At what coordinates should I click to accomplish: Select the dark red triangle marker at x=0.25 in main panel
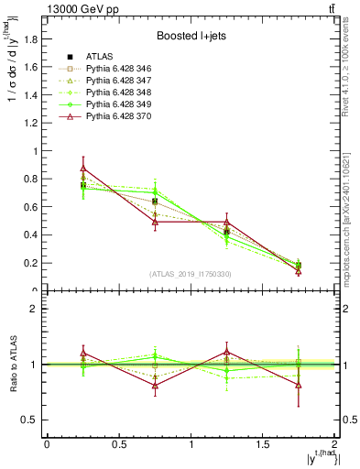pos(82,169)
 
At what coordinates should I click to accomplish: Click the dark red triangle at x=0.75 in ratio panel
pos(155,386)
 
